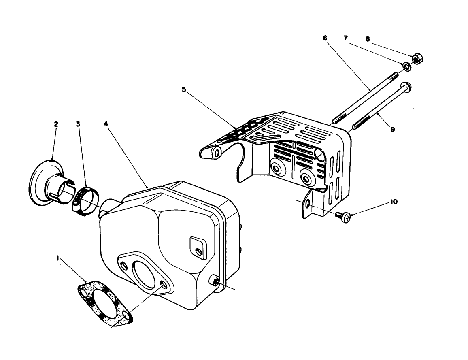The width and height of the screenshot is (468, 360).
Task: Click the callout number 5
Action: coord(184,90)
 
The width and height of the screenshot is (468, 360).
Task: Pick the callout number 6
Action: coord(325,38)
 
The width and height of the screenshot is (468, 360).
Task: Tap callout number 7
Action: coord(346,38)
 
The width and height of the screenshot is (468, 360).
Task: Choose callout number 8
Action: coord(367,39)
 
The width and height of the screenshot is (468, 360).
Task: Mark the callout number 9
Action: coord(392,130)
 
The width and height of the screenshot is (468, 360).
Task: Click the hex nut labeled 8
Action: coord(417,59)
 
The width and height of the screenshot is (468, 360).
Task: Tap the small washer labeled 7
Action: coord(405,66)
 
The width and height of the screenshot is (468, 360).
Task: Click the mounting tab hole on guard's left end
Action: coord(217,153)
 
